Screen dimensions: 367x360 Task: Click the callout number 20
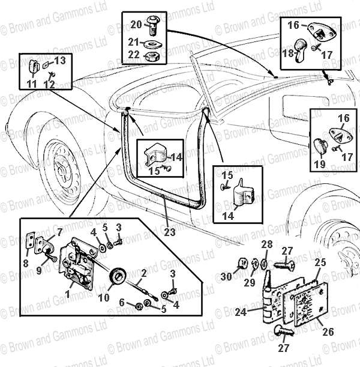136,24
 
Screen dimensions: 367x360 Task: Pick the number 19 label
319,163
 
